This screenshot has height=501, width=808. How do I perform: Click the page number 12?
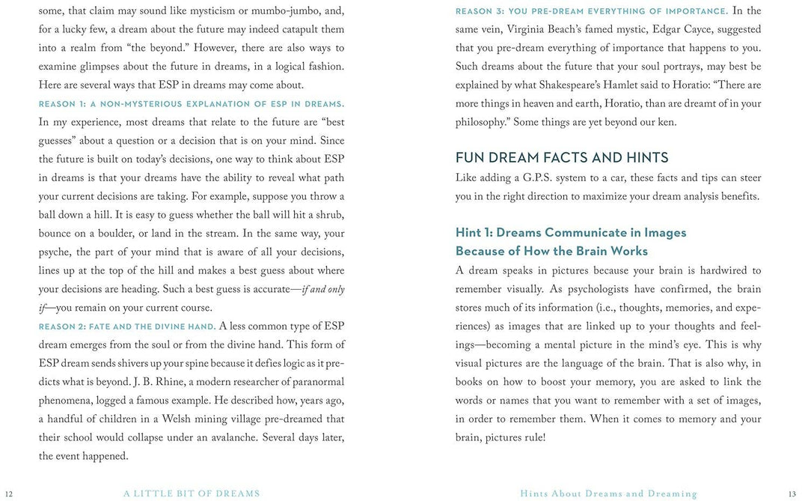point(9,494)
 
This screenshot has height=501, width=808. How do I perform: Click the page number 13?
point(792,494)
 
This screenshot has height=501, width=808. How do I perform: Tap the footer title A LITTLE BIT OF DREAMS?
point(192,494)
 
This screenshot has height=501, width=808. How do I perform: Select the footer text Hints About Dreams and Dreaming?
point(609,494)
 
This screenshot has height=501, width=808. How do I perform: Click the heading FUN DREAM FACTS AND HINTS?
point(562,157)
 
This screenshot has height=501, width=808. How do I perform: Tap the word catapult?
point(295,30)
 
